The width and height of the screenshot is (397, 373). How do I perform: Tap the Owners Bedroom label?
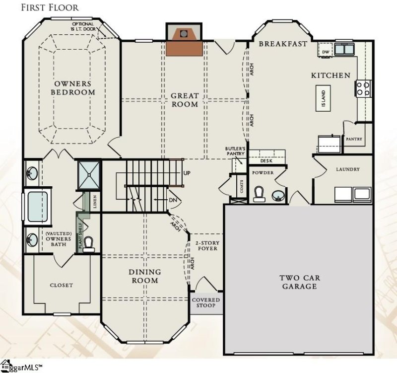click(x=74, y=88)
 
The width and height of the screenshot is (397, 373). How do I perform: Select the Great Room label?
click(x=185, y=100)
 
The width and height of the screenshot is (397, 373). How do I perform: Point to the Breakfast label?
click(x=283, y=44)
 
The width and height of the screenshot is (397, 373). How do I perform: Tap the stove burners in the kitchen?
click(x=362, y=88)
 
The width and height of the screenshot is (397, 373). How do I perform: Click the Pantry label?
click(x=354, y=139)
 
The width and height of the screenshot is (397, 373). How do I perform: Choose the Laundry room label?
click(x=347, y=169)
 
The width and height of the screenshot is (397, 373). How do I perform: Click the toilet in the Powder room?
click(x=259, y=193)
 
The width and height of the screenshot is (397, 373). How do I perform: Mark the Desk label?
click(x=266, y=160)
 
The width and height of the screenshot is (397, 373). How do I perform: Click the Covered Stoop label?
click(x=206, y=302)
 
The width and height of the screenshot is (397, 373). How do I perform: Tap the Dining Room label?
click(x=145, y=276)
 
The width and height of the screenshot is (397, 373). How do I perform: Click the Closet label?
click(x=62, y=285)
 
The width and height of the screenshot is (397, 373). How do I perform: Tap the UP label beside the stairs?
click(x=187, y=173)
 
